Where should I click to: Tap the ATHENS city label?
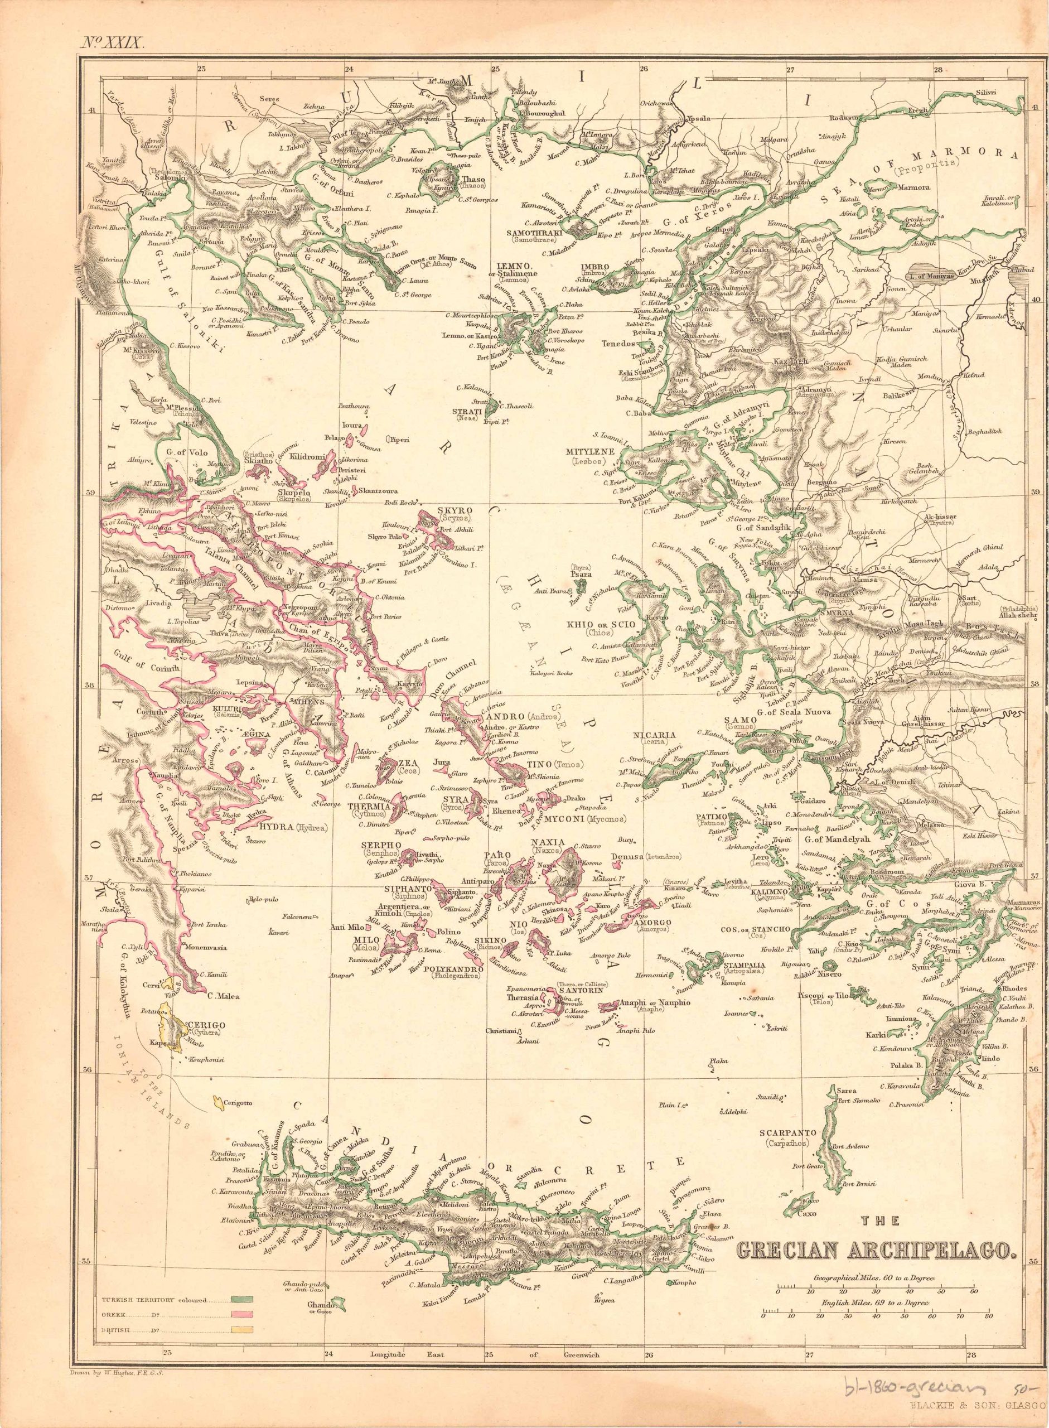[308, 702]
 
